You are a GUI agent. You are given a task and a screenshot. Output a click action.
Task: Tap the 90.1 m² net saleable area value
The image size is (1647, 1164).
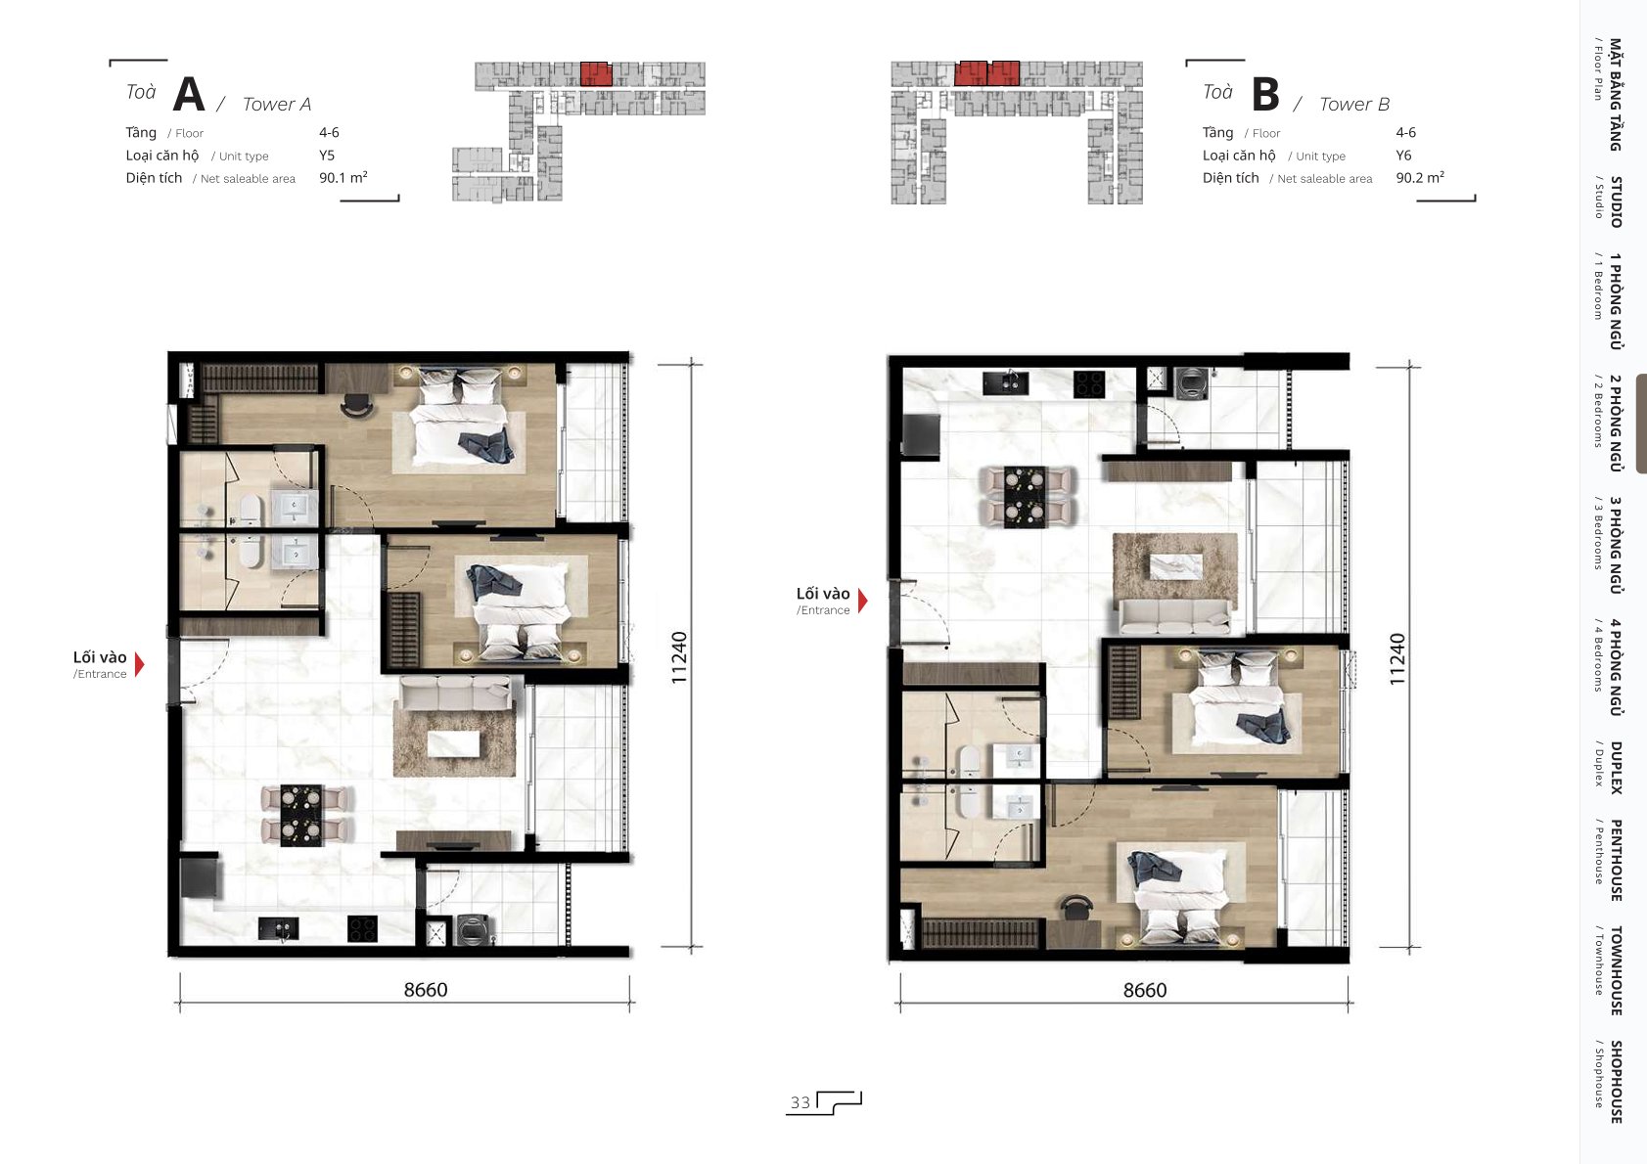[343, 177]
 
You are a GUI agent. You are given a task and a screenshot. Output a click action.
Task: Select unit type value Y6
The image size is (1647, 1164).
[1403, 156]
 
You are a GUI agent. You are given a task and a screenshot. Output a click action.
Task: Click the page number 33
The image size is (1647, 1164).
[800, 1102]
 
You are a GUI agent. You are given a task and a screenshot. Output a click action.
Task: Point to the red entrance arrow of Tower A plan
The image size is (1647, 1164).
[140, 663]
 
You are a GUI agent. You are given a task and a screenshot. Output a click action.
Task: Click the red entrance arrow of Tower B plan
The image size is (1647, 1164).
[863, 601]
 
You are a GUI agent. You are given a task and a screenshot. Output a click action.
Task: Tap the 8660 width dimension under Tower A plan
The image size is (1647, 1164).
[426, 989]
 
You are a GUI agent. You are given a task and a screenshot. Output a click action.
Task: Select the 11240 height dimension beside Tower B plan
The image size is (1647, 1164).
[1396, 659]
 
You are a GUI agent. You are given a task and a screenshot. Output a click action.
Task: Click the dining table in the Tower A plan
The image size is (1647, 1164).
[300, 815]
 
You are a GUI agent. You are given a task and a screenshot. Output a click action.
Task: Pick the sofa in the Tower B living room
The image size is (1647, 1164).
[1175, 616]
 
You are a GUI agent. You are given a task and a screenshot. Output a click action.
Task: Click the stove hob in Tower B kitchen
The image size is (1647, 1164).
[1089, 383]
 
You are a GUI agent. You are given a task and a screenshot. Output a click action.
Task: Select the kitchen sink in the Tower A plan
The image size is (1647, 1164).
[279, 928]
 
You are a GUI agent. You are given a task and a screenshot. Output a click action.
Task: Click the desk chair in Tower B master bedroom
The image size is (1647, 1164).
[1076, 907]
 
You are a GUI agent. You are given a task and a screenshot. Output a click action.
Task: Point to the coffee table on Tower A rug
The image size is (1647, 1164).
[454, 743]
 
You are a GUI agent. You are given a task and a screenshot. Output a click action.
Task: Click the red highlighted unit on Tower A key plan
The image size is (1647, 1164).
[596, 74]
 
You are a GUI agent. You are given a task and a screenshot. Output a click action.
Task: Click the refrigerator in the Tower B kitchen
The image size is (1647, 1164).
[922, 434]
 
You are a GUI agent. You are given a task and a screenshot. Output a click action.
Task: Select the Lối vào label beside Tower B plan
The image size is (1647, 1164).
[823, 594]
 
